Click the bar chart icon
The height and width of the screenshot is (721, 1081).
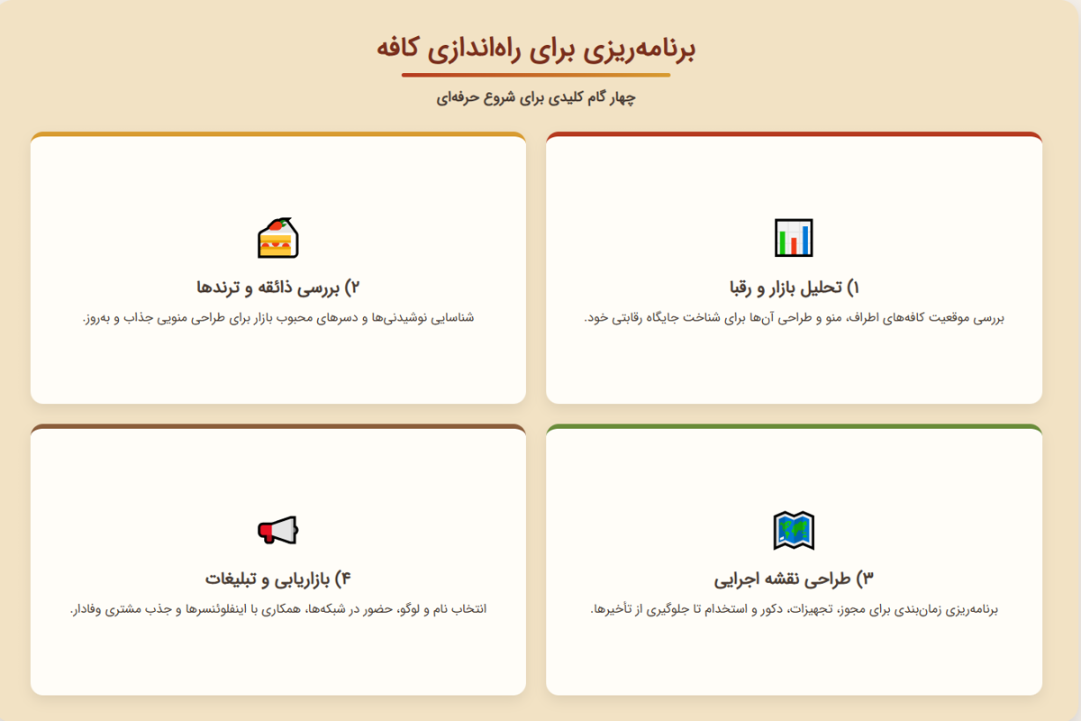[x=794, y=238]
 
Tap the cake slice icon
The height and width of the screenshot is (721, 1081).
[x=277, y=238]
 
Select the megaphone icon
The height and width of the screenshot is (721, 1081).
[x=277, y=530]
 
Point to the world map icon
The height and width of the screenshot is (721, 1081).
[x=794, y=530]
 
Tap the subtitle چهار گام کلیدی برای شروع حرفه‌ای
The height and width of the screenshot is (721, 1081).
[x=536, y=97]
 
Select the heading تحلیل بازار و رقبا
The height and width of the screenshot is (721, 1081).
[x=786, y=287]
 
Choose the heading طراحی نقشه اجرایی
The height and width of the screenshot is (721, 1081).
[x=786, y=578]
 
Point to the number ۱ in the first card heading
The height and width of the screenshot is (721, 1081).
[x=856, y=287]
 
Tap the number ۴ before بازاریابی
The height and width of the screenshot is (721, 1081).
[x=344, y=578]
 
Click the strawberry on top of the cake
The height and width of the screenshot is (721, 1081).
[x=285, y=224]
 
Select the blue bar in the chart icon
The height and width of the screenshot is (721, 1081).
[x=805, y=239]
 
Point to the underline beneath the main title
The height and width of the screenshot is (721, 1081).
[x=536, y=75]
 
